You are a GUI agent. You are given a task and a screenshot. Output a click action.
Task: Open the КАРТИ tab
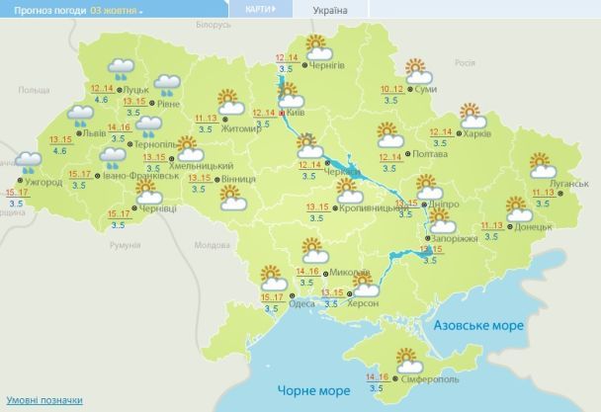point(259,9)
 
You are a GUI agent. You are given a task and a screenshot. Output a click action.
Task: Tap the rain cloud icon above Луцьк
point(122,67)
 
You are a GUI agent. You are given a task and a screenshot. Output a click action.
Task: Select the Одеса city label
point(301,304)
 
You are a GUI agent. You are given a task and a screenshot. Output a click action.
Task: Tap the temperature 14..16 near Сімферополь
point(377,376)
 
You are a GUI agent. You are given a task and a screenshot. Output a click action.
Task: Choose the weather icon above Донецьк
point(518,208)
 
